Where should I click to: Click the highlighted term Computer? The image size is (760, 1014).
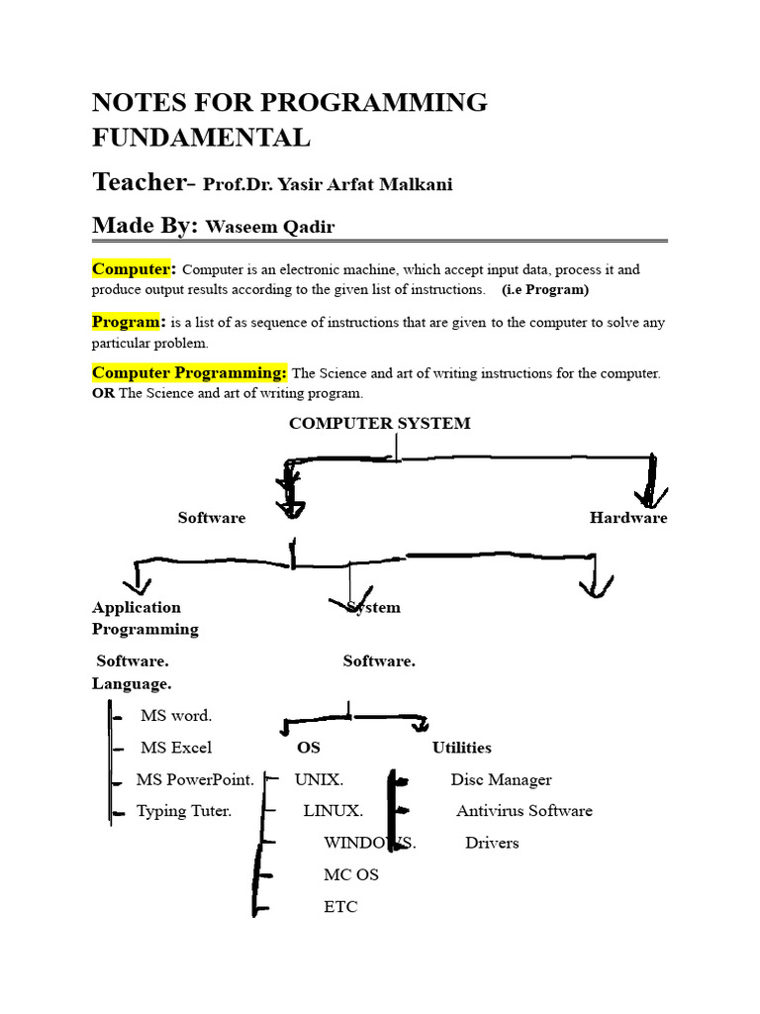[x=134, y=269]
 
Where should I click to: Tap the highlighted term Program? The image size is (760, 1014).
[x=128, y=322]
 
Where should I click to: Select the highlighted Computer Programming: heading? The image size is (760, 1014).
[x=189, y=373]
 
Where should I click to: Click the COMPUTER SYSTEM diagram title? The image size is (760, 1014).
[x=379, y=424]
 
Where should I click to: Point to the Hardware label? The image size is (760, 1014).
[x=628, y=518]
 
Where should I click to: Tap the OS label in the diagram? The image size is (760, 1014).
[x=309, y=748]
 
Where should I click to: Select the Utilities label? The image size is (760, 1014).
[x=461, y=748]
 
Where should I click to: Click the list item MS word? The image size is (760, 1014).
[x=176, y=716]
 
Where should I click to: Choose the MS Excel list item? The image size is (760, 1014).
[x=176, y=748]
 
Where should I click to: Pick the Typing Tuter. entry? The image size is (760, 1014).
[x=184, y=811]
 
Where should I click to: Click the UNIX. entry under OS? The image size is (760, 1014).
[x=319, y=780]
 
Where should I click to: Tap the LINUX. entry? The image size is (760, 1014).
[x=332, y=811]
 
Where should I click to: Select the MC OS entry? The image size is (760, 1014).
[x=351, y=875]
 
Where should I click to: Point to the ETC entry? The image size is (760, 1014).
[x=340, y=907]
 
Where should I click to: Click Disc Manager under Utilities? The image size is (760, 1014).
[x=501, y=780]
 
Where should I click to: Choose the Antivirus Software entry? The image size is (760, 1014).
[x=524, y=811]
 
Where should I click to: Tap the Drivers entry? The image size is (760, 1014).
[x=492, y=844]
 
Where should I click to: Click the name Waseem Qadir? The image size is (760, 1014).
[x=270, y=228]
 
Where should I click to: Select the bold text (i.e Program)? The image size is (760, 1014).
[x=545, y=290]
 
